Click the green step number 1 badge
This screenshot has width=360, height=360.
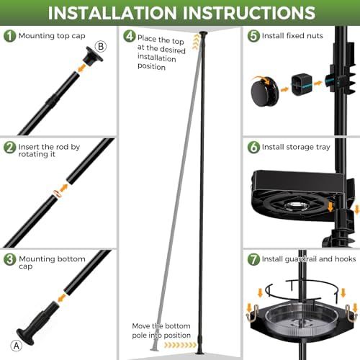[9, 36]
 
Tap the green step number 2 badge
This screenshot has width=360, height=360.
[9, 148]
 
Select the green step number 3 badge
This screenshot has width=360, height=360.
[9, 259]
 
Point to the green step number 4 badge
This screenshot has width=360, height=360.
[130, 36]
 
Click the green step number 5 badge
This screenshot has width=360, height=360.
[253, 36]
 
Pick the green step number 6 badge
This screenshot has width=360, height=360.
[253, 147]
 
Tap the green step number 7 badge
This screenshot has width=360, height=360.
[253, 259]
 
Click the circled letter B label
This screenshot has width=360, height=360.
[101, 46]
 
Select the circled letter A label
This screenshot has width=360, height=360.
[17, 346]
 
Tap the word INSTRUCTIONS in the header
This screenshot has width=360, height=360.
[249, 13]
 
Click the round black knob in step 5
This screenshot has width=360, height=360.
[265, 91]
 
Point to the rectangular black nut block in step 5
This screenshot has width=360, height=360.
[302, 84]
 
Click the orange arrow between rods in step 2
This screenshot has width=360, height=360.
[64, 188]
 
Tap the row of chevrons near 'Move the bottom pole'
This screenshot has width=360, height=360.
[180, 345]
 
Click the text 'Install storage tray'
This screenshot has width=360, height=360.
[296, 147]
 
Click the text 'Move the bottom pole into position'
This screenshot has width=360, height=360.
[161, 330]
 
